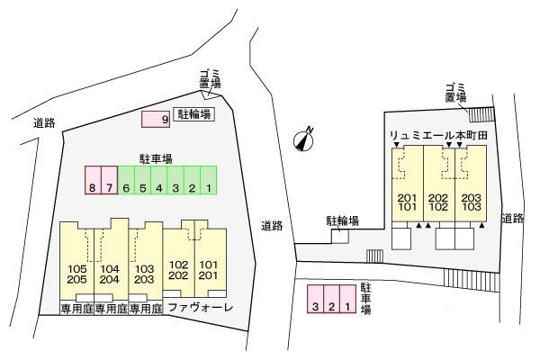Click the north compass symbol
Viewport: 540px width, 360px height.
(306, 138)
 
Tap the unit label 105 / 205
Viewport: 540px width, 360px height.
(76, 274)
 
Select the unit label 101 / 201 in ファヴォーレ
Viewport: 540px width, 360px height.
(209, 270)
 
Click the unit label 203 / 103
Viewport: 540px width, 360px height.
(470, 202)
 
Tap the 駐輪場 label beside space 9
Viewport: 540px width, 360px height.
(194, 114)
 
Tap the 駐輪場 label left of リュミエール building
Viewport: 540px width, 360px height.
(343, 220)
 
